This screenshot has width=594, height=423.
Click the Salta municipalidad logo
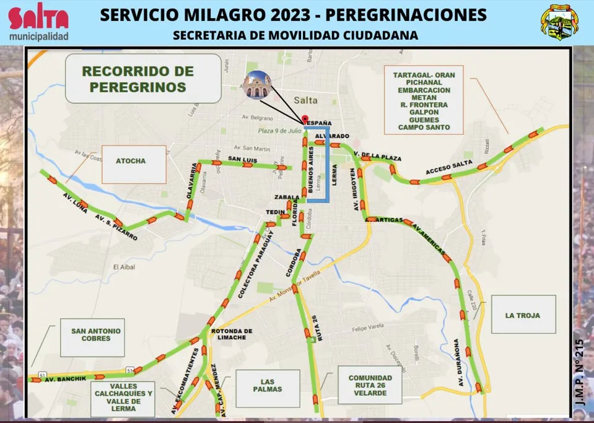click(38, 24)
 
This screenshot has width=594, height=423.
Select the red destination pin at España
click(304, 119)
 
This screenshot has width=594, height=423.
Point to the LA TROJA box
click(522, 315)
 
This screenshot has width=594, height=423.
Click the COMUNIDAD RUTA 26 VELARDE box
click(370, 385)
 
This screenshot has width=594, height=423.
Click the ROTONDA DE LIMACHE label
click(232, 334)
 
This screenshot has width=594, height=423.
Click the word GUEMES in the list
click(424, 120)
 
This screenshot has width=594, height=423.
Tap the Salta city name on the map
click(306, 100)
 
